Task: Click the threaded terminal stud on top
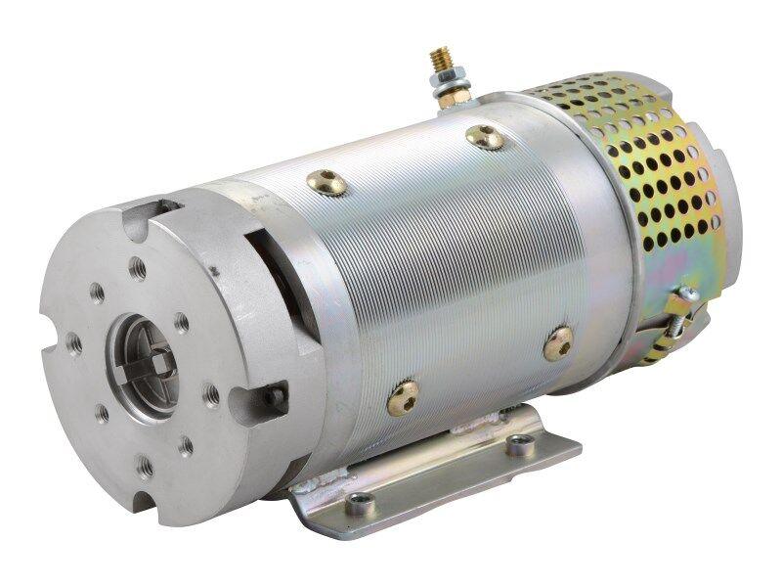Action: (x=436, y=62)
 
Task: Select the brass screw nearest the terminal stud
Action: (x=485, y=137)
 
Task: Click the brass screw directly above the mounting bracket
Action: (x=402, y=397)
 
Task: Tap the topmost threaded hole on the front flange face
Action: (x=139, y=268)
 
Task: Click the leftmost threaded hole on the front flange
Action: (x=73, y=342)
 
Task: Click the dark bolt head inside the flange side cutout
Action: (x=278, y=397)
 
